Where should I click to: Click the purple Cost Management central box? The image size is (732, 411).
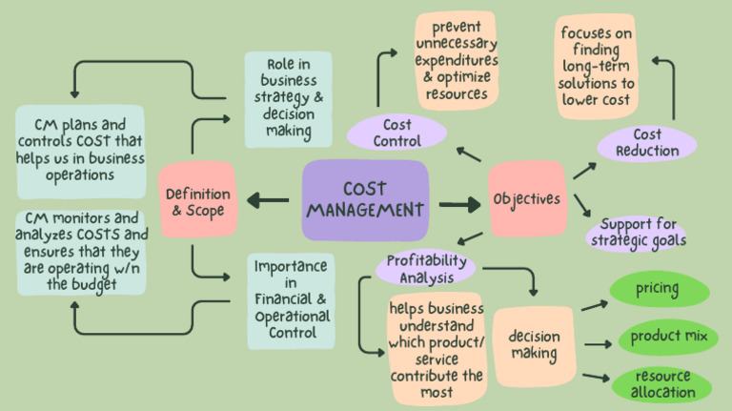click(x=365, y=200)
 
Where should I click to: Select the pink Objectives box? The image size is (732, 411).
click(x=526, y=199)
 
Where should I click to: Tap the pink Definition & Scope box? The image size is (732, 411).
click(x=197, y=200)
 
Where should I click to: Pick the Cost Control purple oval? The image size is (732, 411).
click(x=396, y=133)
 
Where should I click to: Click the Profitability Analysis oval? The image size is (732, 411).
click(x=426, y=268)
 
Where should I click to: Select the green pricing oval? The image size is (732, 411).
click(x=658, y=289)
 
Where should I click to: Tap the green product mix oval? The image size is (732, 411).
click(x=667, y=336)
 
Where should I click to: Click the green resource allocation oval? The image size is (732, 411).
click(x=663, y=382)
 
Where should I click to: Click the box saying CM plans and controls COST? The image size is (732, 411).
click(x=80, y=151)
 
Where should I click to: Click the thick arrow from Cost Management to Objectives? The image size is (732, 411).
click(x=460, y=204)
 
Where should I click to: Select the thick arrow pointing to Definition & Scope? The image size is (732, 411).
click(x=268, y=200)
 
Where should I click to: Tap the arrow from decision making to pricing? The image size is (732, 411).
click(x=595, y=305)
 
